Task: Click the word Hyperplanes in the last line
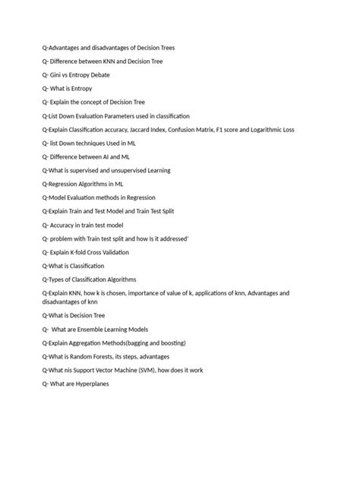pos(89,384)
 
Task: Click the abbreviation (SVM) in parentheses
pos(158,370)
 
